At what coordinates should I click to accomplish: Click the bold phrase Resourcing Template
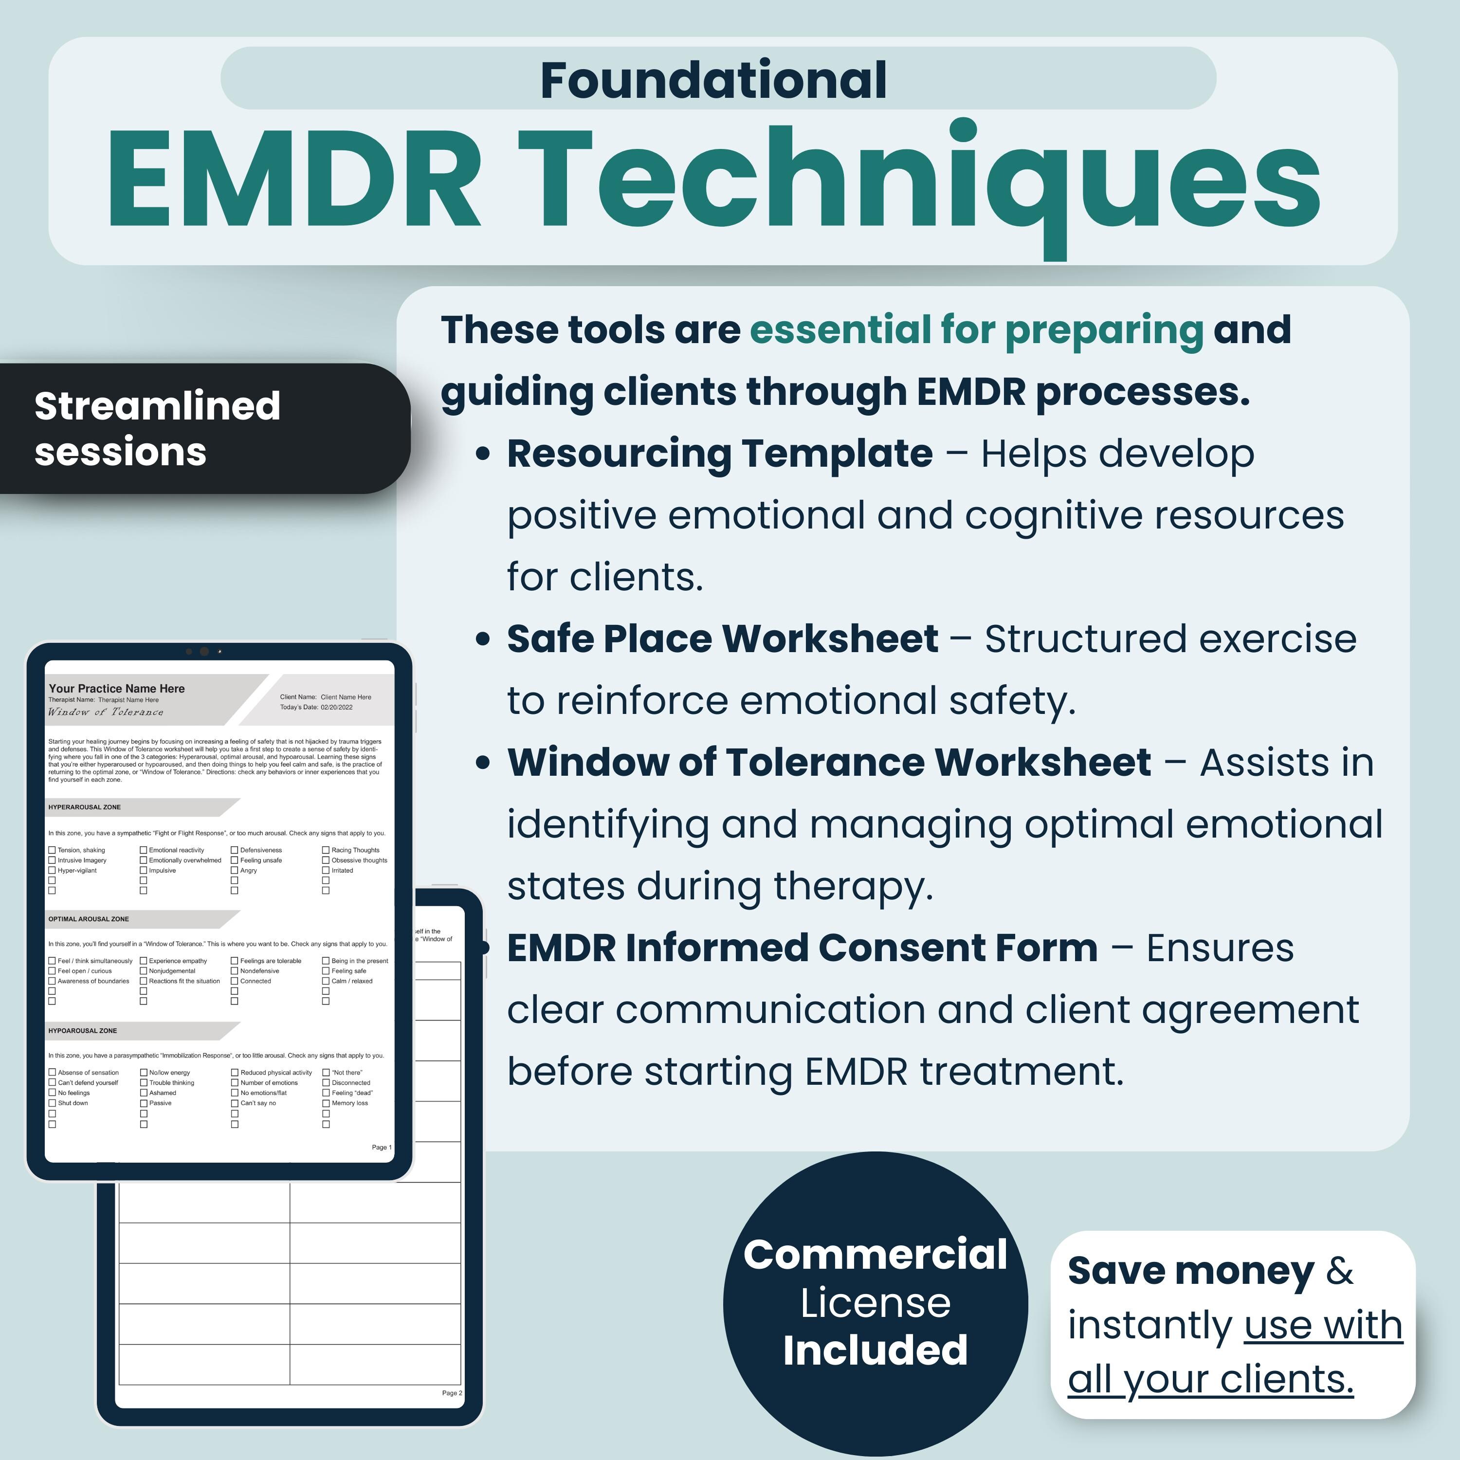719,454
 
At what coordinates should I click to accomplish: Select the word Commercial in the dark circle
875,1255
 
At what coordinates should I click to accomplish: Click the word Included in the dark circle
875,1350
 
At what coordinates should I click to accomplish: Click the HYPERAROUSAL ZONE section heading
85,807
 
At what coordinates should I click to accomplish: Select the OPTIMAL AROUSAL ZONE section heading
89,919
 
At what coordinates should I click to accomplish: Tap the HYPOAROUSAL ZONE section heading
83,1031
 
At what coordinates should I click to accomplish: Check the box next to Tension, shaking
52,850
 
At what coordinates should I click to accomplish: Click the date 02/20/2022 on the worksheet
336,707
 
